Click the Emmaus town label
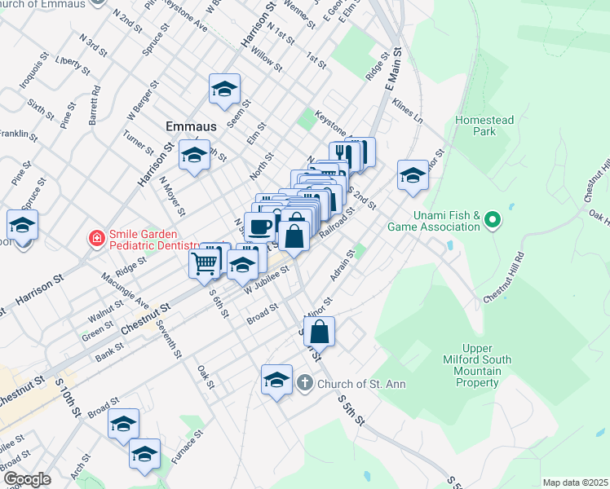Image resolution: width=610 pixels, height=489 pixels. tap(191, 126)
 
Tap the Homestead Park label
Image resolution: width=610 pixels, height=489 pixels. tap(484, 126)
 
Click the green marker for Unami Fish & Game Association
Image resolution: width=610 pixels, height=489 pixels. tap(491, 220)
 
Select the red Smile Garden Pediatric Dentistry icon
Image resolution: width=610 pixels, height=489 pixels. tap(96, 238)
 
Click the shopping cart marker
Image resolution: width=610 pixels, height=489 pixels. tap(204, 262)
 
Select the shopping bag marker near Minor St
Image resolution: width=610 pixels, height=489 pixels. tap(320, 331)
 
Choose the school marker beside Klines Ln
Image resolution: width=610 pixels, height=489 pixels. tap(413, 174)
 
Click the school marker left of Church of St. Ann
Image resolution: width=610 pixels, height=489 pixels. tap(276, 379)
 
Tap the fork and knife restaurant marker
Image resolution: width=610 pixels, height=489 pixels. tap(345, 153)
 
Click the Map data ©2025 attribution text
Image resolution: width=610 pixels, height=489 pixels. tap(574, 482)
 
